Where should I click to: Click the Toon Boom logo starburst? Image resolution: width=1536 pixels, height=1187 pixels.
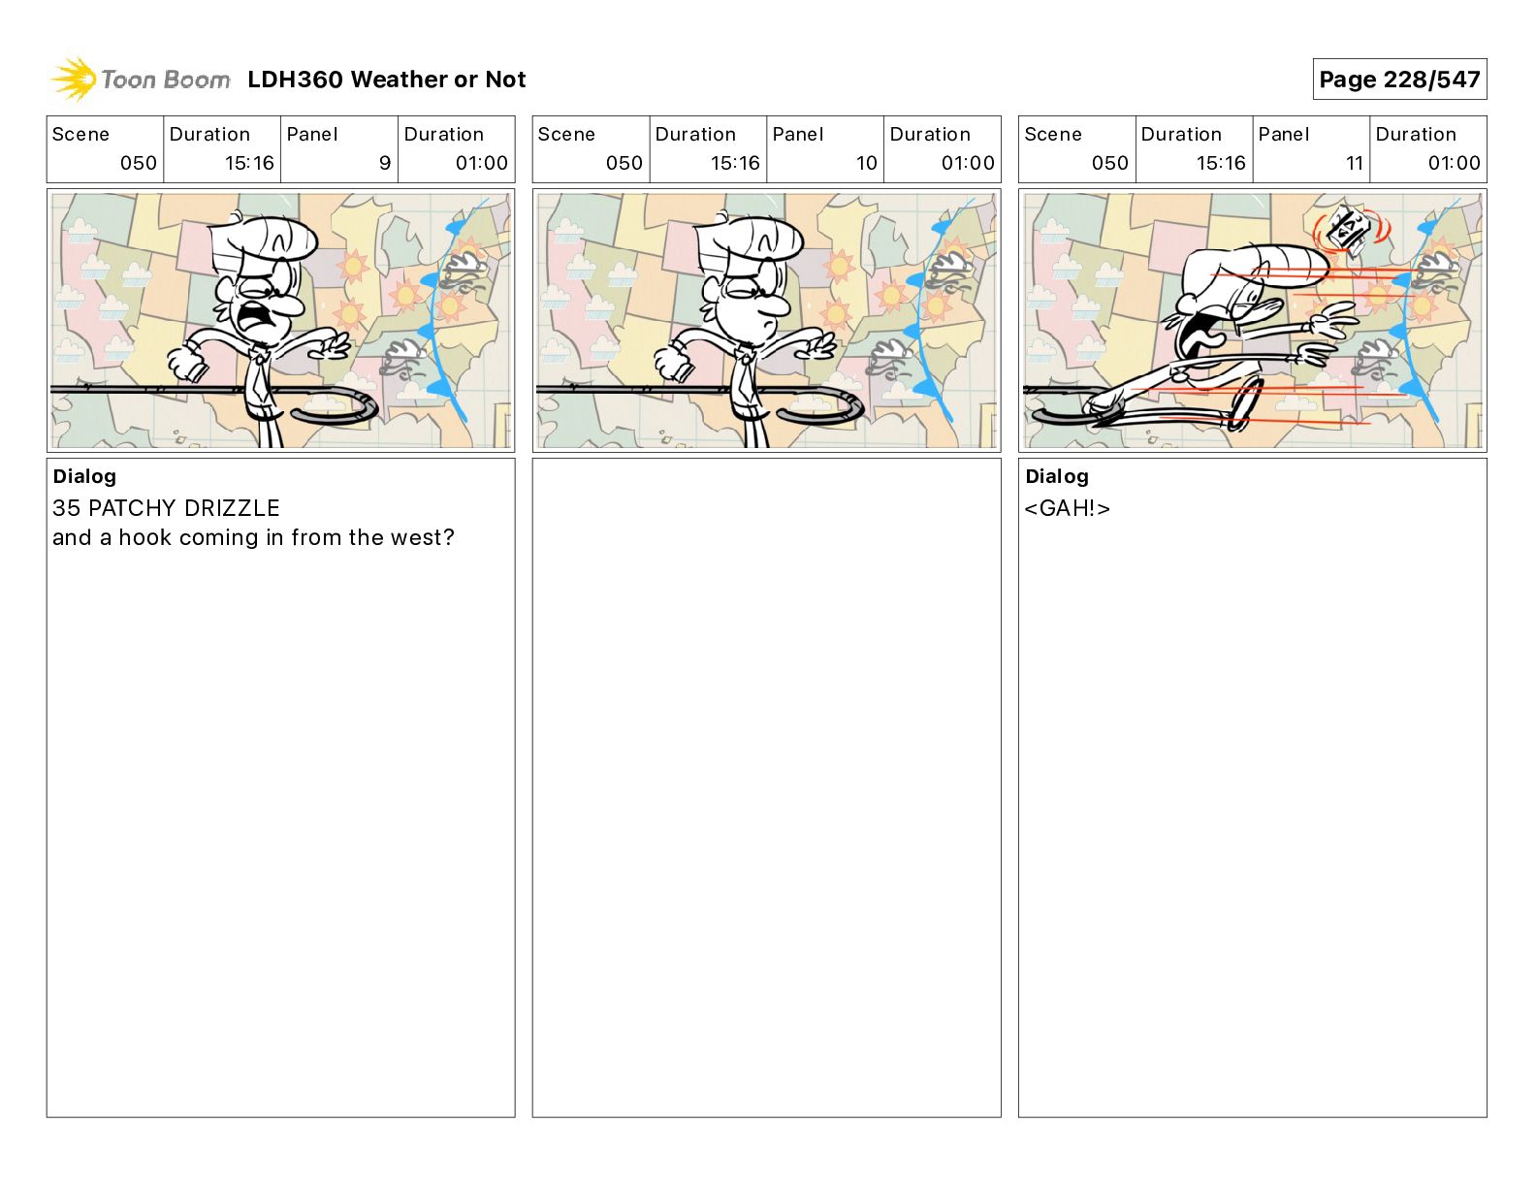point(74,79)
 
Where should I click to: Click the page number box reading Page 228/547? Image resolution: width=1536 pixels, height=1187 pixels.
point(1399,80)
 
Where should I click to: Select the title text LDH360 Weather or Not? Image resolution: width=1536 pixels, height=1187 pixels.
point(386,80)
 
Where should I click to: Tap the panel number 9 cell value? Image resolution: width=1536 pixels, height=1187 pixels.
point(385,163)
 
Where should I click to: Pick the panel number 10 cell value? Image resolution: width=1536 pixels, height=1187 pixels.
point(866,163)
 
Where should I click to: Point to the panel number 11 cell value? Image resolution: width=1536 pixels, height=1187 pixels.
point(1354,163)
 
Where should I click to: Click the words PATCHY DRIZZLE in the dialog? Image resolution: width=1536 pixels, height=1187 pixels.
point(184,508)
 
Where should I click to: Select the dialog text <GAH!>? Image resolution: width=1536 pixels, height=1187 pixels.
point(1067,508)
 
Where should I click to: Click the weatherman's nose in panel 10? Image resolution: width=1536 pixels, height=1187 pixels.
point(776,305)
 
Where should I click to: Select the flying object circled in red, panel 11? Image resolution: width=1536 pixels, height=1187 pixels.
point(1349,231)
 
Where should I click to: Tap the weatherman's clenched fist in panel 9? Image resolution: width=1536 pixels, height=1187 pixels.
point(187,364)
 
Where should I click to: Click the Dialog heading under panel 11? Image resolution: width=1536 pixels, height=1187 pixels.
point(1057,476)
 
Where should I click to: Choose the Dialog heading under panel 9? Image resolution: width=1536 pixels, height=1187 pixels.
point(84,476)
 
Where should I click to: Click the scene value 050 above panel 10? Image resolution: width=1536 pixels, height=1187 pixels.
point(624,163)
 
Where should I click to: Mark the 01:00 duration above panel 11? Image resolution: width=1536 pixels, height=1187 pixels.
point(1454,163)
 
